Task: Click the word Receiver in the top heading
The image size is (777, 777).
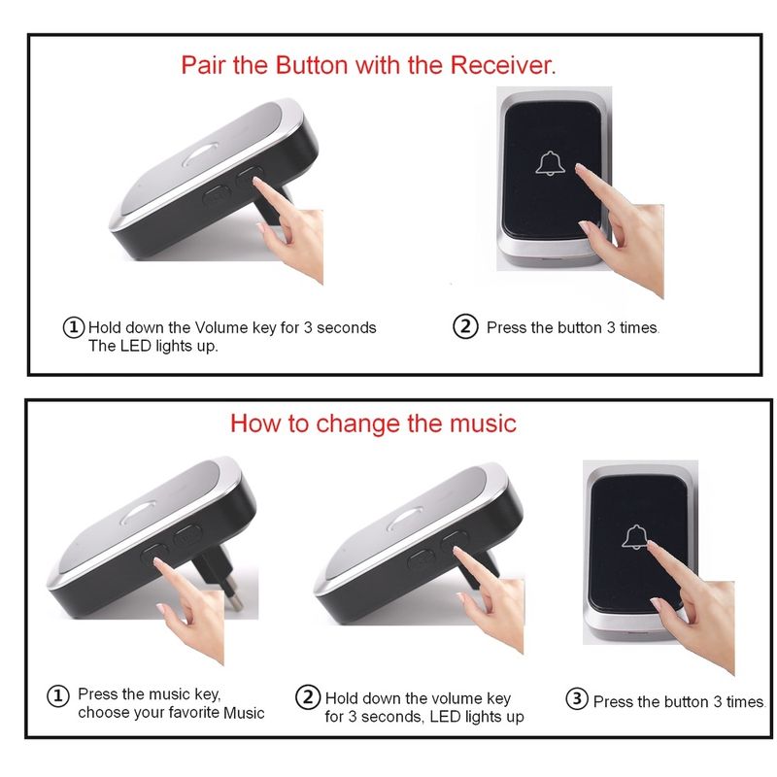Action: tap(502, 65)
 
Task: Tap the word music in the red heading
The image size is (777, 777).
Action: tap(483, 423)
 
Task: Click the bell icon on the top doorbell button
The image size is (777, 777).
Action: tap(550, 163)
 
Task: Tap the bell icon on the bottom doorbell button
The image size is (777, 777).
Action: tap(635, 537)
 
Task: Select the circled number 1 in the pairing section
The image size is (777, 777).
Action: tap(74, 327)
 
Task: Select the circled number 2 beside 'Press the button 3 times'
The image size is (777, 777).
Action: tap(465, 326)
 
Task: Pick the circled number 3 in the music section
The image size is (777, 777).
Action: tap(577, 698)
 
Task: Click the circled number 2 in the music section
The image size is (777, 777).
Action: tap(308, 697)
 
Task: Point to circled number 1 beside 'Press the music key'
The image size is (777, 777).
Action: tap(57, 695)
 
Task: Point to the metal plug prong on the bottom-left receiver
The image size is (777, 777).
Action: tap(233, 598)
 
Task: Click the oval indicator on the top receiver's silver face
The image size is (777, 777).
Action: tap(201, 154)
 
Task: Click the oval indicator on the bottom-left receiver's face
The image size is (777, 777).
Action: tap(138, 513)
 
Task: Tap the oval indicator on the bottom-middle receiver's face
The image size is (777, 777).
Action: tap(405, 519)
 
